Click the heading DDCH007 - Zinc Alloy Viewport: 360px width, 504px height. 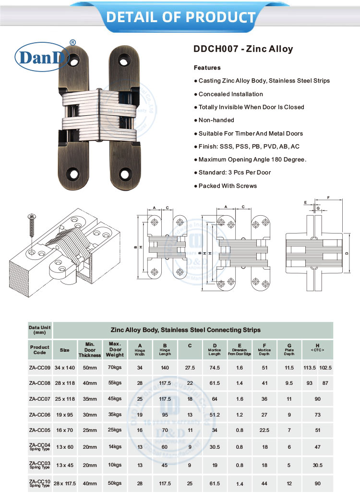point(243,49)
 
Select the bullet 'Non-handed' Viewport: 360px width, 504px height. point(216,120)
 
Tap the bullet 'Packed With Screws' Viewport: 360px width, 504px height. point(228,186)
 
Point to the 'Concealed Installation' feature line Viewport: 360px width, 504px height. point(230,94)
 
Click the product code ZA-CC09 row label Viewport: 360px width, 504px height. point(39,368)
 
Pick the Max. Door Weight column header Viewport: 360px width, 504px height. point(116,349)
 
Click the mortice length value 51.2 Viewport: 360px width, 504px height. point(215,415)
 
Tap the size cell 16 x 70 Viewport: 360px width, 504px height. point(64,430)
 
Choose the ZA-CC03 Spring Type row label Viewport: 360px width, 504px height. point(39,464)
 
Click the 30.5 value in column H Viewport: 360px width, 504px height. point(317,465)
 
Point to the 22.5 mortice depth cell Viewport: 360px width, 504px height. point(264,430)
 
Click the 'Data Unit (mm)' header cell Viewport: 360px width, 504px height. point(39,330)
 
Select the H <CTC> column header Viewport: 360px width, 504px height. point(317,348)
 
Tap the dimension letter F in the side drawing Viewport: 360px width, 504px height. point(327,197)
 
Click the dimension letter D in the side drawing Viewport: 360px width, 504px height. point(346,253)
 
